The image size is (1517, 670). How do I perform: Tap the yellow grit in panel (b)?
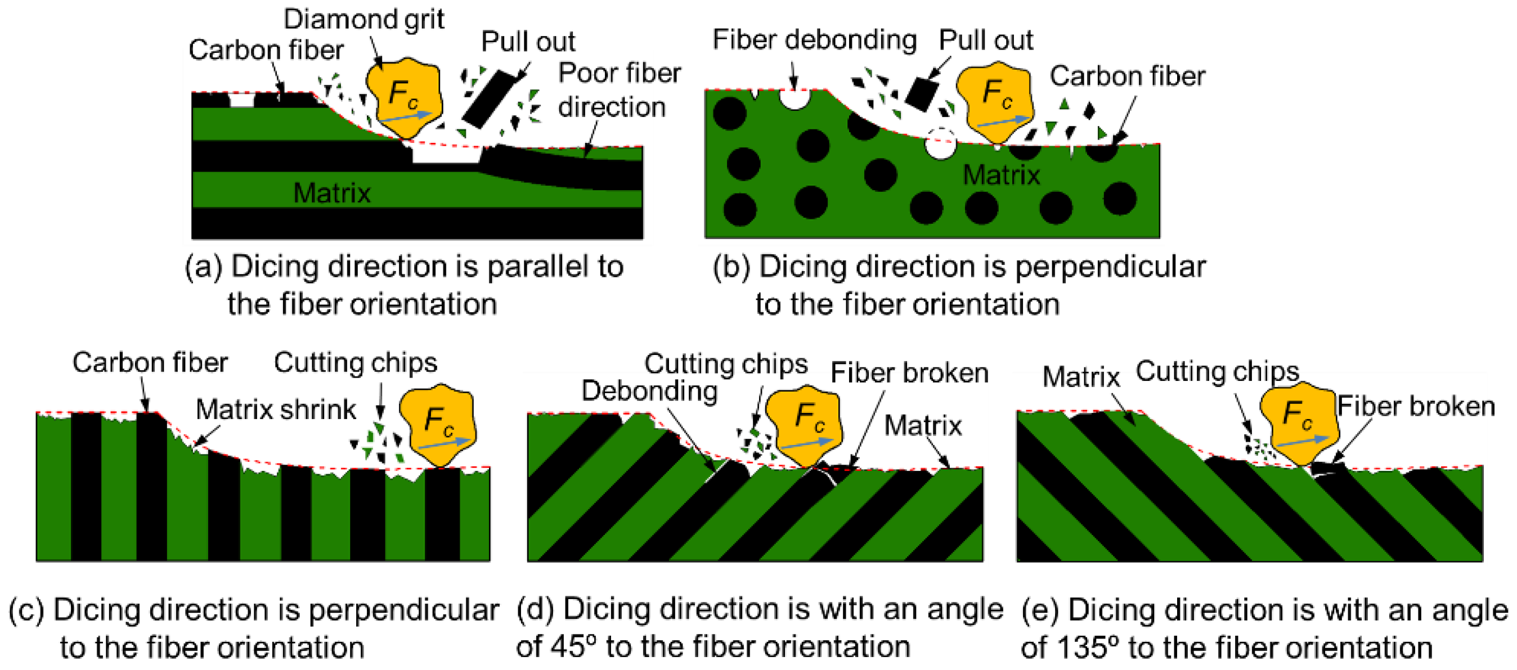pyautogui.click(x=995, y=101)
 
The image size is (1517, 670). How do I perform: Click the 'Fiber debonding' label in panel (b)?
pyautogui.click(x=814, y=40)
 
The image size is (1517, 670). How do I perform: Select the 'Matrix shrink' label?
pyautogui.click(x=276, y=408)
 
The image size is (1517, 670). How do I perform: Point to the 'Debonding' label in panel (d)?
pyautogui.click(x=649, y=391)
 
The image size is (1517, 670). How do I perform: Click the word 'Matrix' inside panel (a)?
pyautogui.click(x=331, y=193)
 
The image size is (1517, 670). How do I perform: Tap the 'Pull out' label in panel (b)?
pyautogui.click(x=985, y=40)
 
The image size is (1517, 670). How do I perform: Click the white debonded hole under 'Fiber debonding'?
pyautogui.click(x=794, y=99)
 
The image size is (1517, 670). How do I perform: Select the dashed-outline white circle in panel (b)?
pyautogui.click(x=940, y=143)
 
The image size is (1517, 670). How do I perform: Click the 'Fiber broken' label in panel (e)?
pyautogui.click(x=1415, y=406)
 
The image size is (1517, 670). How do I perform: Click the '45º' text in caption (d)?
pyautogui.click(x=569, y=647)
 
